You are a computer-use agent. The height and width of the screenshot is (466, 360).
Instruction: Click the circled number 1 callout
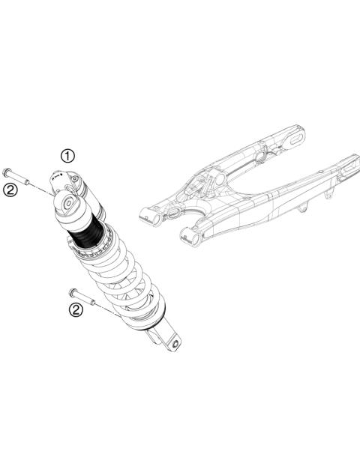[x=68, y=156]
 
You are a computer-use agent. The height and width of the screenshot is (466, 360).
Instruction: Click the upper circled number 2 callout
[x=10, y=190]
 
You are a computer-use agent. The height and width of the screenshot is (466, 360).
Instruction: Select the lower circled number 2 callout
[x=75, y=309]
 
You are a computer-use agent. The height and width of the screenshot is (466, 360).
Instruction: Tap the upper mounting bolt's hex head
[x=7, y=172]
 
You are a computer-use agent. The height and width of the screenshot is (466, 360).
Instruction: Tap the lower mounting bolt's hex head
[x=71, y=291]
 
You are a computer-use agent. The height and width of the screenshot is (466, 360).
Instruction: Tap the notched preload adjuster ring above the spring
[x=104, y=243]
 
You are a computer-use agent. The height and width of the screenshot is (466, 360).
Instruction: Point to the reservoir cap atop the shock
[x=58, y=179]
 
